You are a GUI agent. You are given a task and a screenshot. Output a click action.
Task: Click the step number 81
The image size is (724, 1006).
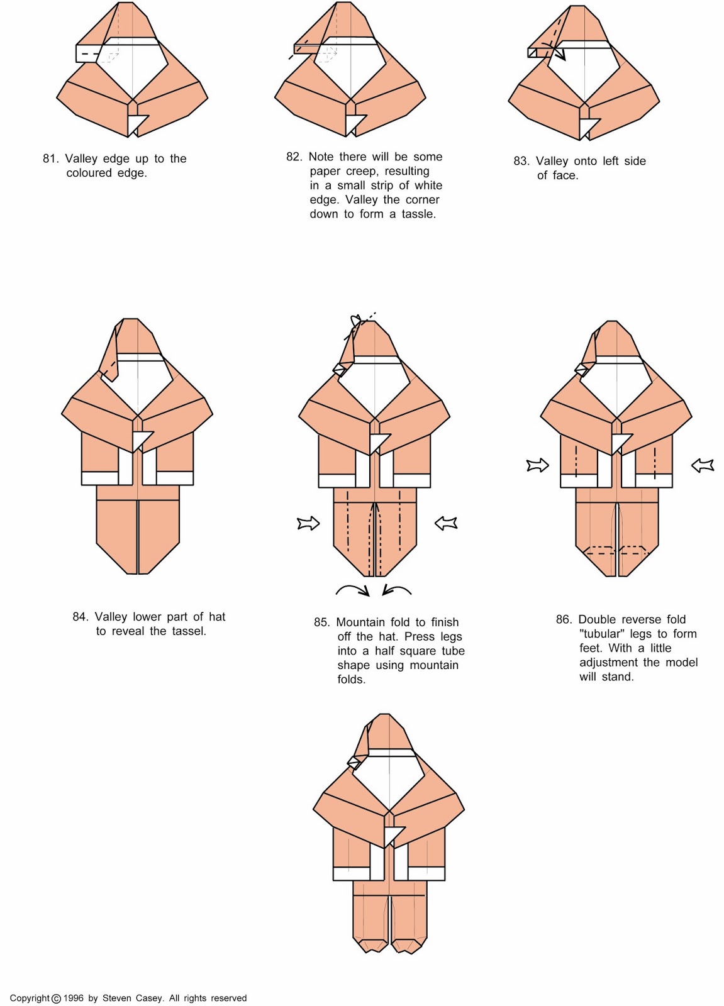coord(50,158)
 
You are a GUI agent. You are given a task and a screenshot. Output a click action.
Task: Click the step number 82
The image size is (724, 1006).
coord(294,157)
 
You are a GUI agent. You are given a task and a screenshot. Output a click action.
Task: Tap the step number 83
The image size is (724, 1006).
coord(521,161)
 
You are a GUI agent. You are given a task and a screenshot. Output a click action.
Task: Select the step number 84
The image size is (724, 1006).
coord(80,617)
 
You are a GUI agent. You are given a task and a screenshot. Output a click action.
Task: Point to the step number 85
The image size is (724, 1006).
coord(322,622)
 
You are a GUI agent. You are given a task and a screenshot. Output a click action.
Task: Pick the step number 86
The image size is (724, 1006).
coord(564,619)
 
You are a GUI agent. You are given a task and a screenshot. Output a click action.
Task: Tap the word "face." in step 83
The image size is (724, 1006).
coord(566,175)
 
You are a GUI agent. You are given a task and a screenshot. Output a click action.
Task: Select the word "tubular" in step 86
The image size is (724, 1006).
coord(602,634)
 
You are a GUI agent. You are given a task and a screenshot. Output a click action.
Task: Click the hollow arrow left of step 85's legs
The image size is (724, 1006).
coord(309,523)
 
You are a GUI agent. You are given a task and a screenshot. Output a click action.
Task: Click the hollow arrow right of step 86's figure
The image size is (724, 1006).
coord(703,465)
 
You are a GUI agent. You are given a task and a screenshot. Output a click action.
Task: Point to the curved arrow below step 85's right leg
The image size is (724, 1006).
coord(396,590)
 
